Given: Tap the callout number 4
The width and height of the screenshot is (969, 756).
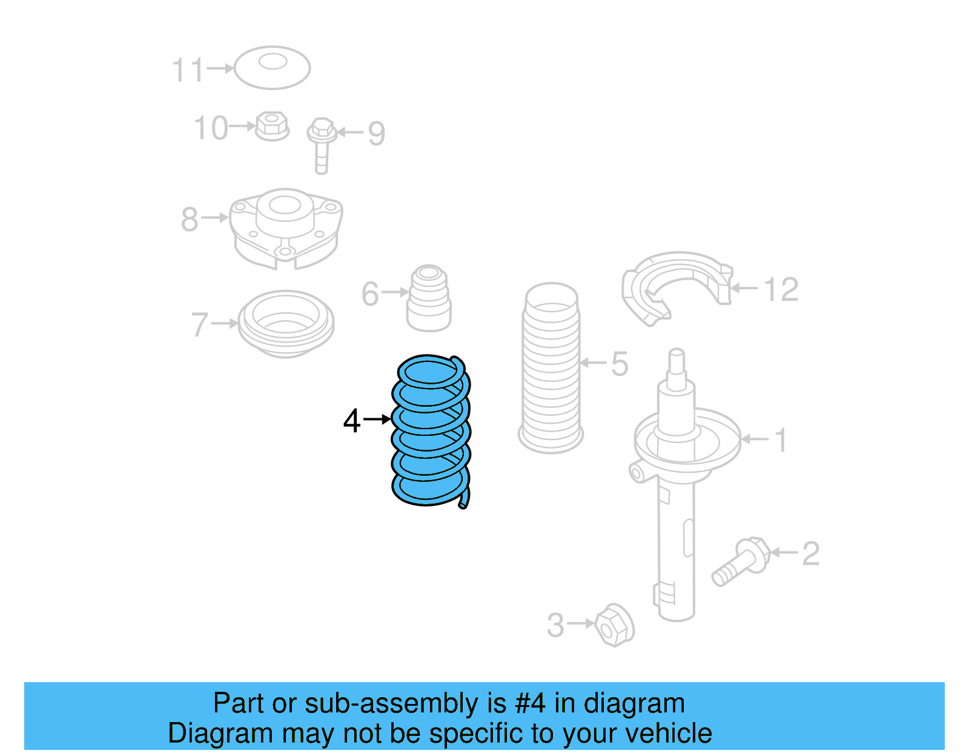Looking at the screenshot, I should (x=352, y=420).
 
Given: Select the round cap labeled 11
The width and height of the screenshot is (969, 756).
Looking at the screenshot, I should (x=273, y=67).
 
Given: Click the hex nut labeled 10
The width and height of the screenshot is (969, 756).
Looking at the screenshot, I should (x=271, y=126).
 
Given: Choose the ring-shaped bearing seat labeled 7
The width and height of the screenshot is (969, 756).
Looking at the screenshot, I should (x=285, y=323).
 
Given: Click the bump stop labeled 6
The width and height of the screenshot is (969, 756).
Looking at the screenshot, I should (x=429, y=299).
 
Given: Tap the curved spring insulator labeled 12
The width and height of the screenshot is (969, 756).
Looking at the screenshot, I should (x=675, y=284).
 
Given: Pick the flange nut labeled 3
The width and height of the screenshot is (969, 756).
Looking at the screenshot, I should (x=615, y=624).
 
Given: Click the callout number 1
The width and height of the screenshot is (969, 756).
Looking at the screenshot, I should (x=781, y=440).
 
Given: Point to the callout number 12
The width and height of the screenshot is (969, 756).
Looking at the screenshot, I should (x=781, y=289).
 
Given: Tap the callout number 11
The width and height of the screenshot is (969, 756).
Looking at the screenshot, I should (x=188, y=70).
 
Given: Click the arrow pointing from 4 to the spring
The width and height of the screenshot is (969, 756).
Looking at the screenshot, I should (x=377, y=419).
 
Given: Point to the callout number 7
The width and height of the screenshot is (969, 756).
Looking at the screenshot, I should (x=200, y=325).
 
